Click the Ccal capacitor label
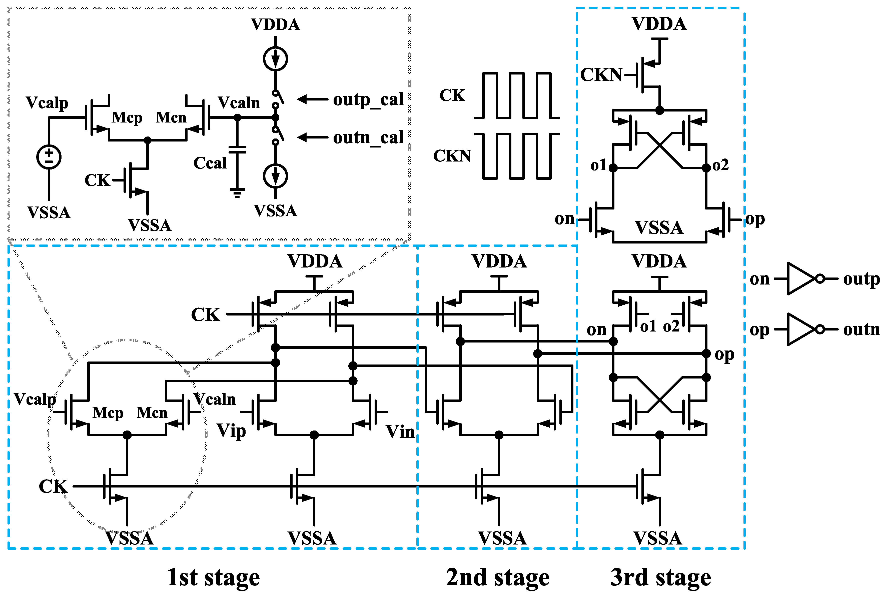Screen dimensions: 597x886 pyautogui.click(x=210, y=163)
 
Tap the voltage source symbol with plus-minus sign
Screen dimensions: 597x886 pyautogui.click(x=49, y=157)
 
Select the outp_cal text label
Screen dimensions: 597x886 pyautogui.click(x=368, y=100)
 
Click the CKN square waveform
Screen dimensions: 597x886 pyautogui.click(x=517, y=156)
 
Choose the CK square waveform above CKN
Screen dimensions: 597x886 pyautogui.click(x=517, y=95)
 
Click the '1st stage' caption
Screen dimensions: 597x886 pyautogui.click(x=213, y=577)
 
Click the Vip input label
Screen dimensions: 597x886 pyautogui.click(x=231, y=431)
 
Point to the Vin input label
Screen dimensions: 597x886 pyautogui.click(x=400, y=432)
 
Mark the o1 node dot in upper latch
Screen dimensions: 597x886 pyautogui.click(x=613, y=167)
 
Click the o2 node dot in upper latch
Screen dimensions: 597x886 pyautogui.click(x=706, y=167)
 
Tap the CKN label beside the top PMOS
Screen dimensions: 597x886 pyautogui.click(x=601, y=75)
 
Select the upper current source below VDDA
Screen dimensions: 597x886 pyautogui.click(x=275, y=59)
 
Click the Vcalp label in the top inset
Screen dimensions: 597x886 pyautogui.click(x=47, y=103)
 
